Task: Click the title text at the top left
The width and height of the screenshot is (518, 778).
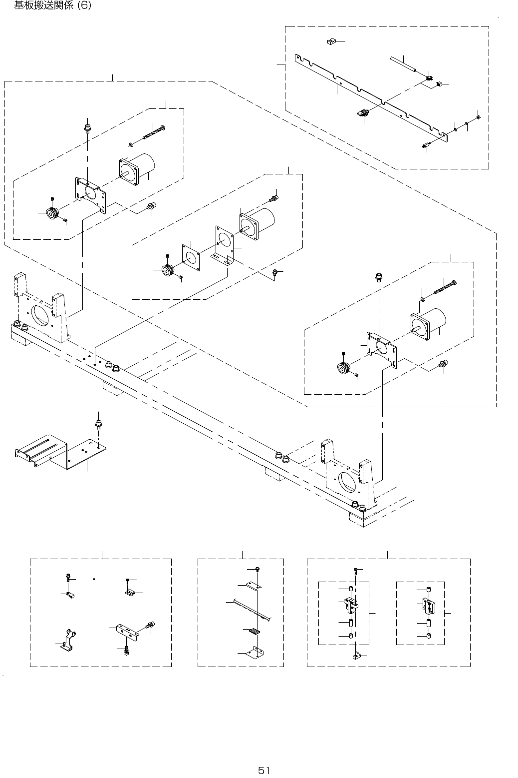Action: (x=52, y=6)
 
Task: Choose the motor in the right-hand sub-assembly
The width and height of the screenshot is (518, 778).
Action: (x=429, y=322)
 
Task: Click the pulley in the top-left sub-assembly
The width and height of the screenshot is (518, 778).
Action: (x=51, y=213)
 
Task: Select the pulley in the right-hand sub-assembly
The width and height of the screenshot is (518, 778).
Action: (x=342, y=368)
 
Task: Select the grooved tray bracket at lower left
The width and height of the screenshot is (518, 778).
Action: (x=60, y=452)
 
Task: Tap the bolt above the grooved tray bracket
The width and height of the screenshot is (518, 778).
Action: (x=98, y=425)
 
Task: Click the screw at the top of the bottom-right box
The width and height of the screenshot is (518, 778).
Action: (x=354, y=570)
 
